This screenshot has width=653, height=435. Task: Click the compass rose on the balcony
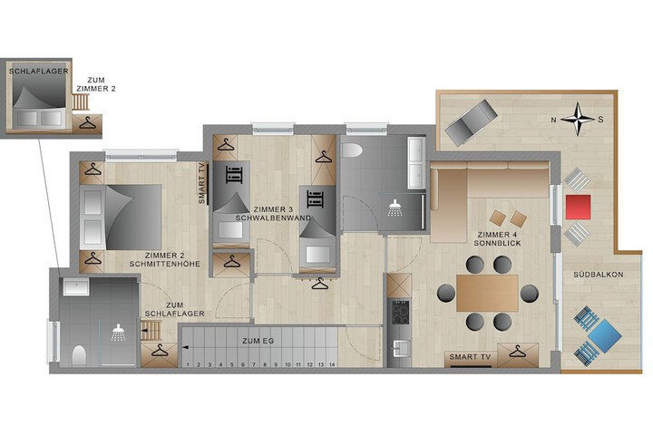(578, 120)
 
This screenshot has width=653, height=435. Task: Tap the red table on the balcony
(578, 207)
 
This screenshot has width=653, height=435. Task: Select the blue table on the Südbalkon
(606, 335)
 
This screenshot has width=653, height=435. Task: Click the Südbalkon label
(598, 275)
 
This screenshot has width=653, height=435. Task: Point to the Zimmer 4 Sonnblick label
(497, 239)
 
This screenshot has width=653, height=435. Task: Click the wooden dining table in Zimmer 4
(487, 293)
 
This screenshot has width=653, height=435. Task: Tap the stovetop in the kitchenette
(400, 312)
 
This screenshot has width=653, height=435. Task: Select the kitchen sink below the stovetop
(400, 348)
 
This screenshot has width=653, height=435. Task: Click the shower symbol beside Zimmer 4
(395, 208)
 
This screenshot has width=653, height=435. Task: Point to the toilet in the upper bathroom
(352, 150)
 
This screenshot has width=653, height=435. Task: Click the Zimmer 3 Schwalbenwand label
(273, 214)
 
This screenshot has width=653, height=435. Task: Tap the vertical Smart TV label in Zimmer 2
(202, 184)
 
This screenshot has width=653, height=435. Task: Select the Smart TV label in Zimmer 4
(470, 357)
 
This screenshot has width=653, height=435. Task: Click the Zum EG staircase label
(258, 341)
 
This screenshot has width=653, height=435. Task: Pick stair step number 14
(332, 364)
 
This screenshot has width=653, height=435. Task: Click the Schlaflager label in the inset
(39, 72)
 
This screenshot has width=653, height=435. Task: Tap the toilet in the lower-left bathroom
(79, 356)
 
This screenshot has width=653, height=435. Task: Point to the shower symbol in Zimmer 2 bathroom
(119, 333)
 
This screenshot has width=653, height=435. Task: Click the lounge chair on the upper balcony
(471, 122)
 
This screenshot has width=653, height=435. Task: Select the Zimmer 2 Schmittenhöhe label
(164, 260)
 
